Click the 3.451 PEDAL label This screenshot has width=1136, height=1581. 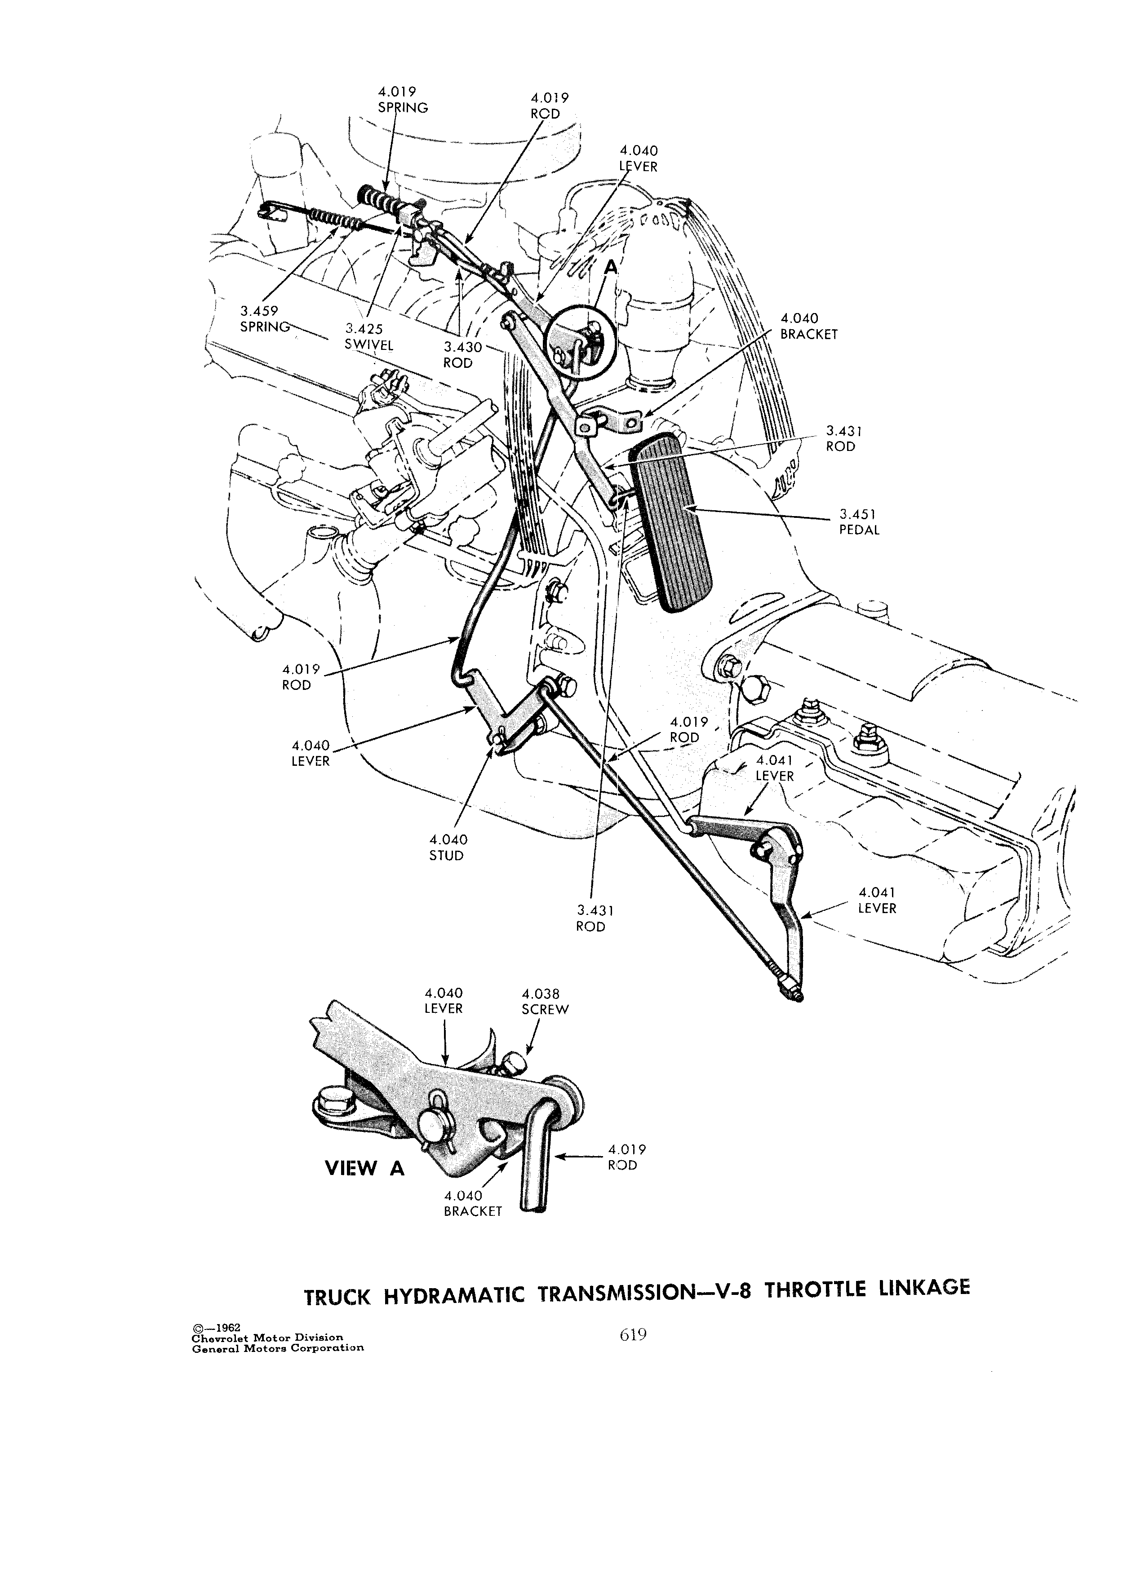[859, 522]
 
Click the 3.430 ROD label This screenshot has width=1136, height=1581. [458, 355]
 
